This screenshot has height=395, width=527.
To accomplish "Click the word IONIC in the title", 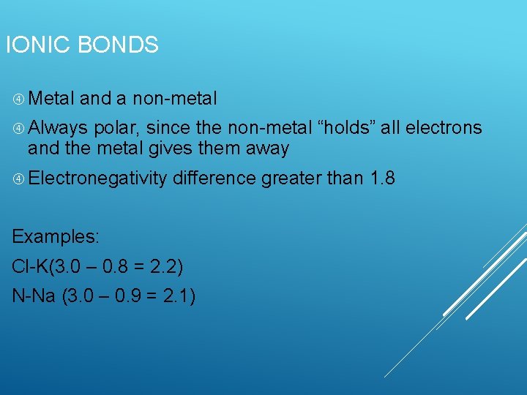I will click(x=38, y=45).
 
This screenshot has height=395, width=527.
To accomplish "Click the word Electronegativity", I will click(x=98, y=178).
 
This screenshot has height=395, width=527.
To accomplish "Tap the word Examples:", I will click(x=56, y=237).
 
